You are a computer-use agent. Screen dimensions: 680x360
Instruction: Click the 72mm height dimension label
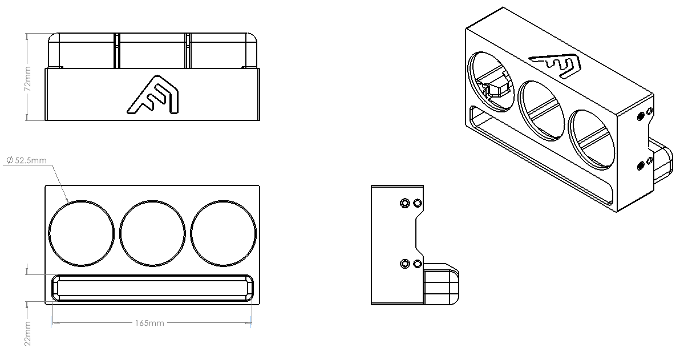pyautogui.click(x=28, y=79)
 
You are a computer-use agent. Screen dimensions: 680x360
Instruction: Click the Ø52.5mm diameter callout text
pyautogui.click(x=26, y=161)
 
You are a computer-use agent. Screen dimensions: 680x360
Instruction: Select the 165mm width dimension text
pyautogui.click(x=149, y=323)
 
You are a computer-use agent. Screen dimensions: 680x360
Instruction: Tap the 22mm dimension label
pyautogui.click(x=28, y=334)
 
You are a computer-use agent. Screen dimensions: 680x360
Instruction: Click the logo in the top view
pyautogui.click(x=153, y=95)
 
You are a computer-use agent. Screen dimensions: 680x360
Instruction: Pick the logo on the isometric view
pyautogui.click(x=556, y=66)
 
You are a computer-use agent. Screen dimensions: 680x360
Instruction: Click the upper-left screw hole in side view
pyautogui.click(x=404, y=203)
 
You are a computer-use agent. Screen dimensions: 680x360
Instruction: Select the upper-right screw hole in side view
pyautogui.click(x=417, y=203)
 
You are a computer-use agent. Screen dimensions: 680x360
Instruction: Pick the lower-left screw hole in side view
pyautogui.click(x=404, y=263)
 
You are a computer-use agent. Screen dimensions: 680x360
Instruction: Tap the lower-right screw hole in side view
pyautogui.click(x=417, y=263)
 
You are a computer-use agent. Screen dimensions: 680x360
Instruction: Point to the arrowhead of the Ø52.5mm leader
pyautogui.click(x=68, y=200)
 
